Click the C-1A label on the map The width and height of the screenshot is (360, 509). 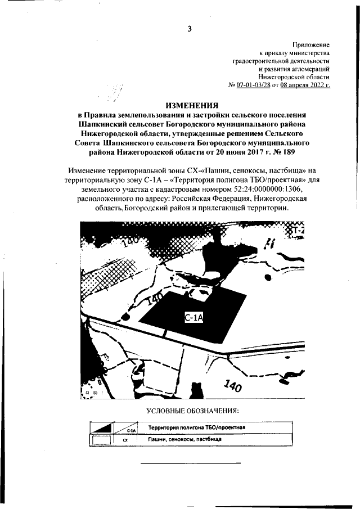point(193,318)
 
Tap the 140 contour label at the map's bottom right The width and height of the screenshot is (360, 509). point(232,386)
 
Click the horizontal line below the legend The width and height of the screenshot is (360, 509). point(190,463)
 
